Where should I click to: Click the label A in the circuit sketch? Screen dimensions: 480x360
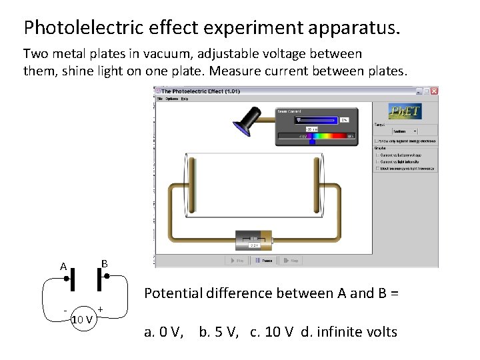tap(63, 267)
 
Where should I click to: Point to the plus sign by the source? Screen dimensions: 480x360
tap(100, 309)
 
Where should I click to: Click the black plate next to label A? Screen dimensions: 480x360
tap(73, 279)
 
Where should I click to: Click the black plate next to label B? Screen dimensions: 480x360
tap(99, 279)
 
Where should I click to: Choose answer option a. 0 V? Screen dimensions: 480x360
tap(164, 332)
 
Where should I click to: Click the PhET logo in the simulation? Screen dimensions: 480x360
tap(405, 111)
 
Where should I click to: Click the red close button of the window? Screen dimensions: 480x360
tap(434, 91)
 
